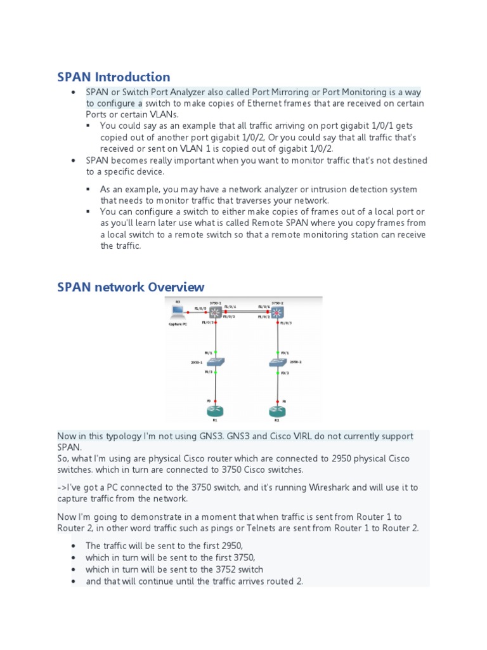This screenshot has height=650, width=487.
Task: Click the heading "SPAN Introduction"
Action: click(114, 77)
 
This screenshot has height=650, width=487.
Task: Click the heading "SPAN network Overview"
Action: click(131, 287)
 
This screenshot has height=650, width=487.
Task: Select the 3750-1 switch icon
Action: click(216, 312)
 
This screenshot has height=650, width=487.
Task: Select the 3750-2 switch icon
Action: click(277, 312)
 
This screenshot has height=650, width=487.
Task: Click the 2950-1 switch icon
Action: click(216, 362)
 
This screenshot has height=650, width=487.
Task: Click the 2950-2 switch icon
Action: click(277, 362)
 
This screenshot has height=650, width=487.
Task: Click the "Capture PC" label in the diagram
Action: click(178, 324)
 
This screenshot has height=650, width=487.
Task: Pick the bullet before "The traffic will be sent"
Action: click(74, 546)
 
